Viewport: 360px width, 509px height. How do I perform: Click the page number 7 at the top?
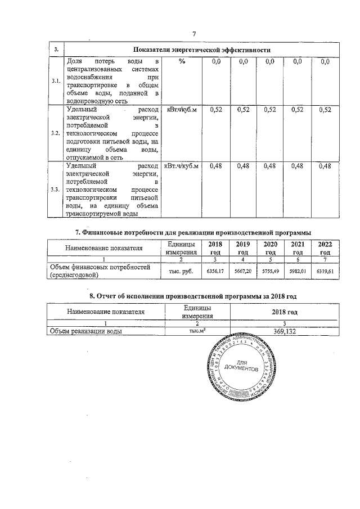(x=193, y=34)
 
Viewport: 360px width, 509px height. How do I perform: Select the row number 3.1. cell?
(x=56, y=82)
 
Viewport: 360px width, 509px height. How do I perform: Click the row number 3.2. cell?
(x=56, y=133)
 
